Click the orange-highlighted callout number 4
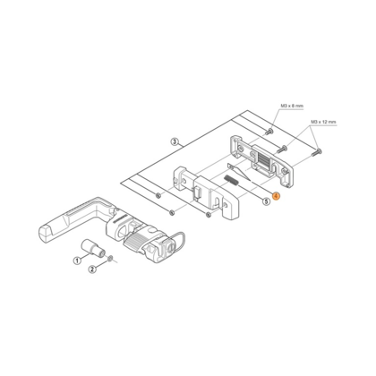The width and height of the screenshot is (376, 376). click(x=276, y=196)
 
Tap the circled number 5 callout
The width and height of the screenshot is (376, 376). click(x=266, y=201)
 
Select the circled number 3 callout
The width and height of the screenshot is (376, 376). click(x=175, y=141)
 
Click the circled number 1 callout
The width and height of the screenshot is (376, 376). click(x=77, y=261)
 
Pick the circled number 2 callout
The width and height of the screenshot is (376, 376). click(x=92, y=269)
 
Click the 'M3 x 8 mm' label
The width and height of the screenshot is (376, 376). click(x=292, y=106)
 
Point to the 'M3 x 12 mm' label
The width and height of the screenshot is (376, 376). click(x=323, y=122)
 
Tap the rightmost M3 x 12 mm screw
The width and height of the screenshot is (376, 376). click(x=316, y=152)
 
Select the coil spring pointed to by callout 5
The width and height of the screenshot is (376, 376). click(x=230, y=180)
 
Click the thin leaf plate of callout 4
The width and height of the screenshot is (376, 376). click(x=239, y=172)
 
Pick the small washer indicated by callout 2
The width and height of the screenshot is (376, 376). click(x=110, y=258)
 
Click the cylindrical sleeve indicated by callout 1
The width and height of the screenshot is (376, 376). click(x=93, y=248)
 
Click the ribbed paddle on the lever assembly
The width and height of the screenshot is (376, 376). click(x=136, y=241)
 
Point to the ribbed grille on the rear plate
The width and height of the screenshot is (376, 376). click(x=263, y=161)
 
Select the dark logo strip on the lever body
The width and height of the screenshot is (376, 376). click(x=119, y=219)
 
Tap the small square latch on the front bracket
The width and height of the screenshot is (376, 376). click(x=197, y=194)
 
